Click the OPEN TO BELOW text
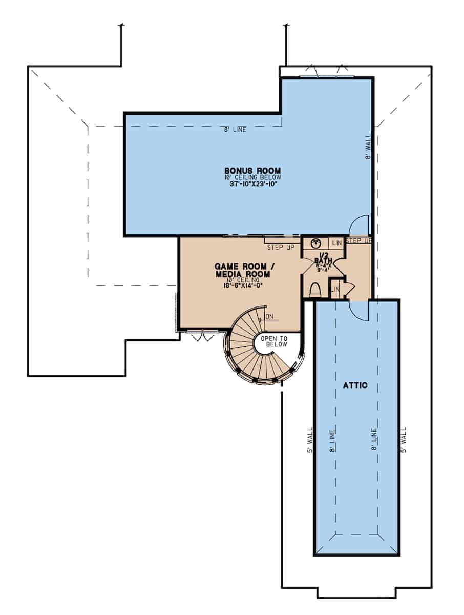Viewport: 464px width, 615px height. click(x=274, y=342)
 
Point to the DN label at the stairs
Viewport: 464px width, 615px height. click(x=270, y=317)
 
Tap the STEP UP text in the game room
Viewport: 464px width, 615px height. click(x=280, y=248)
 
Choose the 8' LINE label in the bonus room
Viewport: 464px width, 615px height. click(x=235, y=130)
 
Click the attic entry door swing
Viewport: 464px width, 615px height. click(x=357, y=310)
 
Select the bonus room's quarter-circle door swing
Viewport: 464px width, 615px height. click(x=358, y=225)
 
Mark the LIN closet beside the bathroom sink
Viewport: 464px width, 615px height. click(x=336, y=242)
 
